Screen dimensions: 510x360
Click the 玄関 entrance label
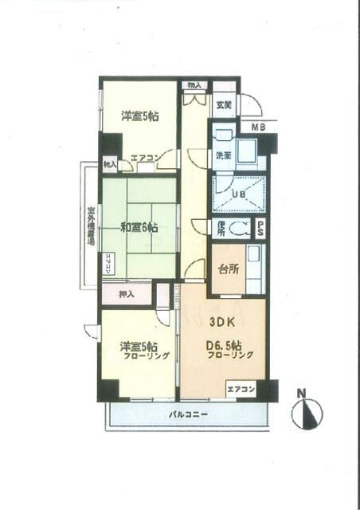click(223, 104)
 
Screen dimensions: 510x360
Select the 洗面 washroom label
click(223, 156)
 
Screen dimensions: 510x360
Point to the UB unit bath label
click(237, 194)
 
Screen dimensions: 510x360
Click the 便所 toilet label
click(221, 229)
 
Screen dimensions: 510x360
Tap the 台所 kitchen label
click(227, 269)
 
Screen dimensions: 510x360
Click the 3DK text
click(222, 324)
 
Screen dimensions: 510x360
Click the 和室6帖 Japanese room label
click(139, 227)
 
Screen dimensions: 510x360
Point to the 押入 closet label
click(126, 294)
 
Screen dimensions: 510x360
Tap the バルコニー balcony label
click(188, 415)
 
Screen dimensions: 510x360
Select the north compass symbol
click(309, 413)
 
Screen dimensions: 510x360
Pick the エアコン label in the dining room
click(241, 390)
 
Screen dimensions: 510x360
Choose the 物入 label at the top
click(194, 85)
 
